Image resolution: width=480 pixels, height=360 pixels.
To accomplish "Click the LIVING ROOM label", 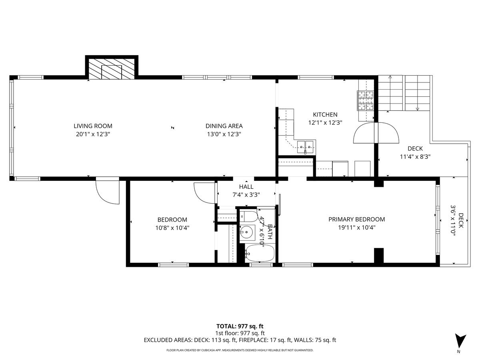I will coord(93,126).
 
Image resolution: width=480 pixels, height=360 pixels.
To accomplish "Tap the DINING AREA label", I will coord(224,126).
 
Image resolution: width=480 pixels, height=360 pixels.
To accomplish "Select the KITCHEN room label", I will coord(325,114).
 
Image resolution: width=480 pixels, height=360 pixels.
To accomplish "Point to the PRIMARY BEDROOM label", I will coord(356,219).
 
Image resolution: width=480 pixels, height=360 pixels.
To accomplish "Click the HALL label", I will coord(246,187).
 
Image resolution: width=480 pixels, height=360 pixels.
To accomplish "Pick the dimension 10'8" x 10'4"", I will coord(172,228).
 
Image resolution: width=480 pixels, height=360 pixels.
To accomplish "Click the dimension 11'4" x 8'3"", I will coord(415,157).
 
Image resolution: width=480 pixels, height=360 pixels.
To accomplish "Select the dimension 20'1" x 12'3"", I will coord(93,134).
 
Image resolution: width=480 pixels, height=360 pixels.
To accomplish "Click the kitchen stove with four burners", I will coord(365,100).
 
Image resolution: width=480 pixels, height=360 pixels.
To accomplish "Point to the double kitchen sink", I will coord(306,147).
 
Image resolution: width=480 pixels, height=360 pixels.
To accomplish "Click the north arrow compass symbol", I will coord(460,341).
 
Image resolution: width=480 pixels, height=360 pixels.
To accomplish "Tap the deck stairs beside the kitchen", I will coord(404,93).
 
